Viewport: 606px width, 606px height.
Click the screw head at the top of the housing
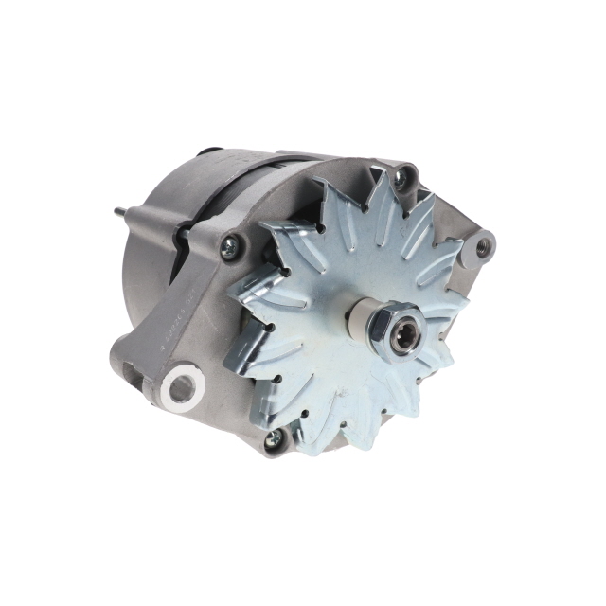[x=405, y=176]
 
